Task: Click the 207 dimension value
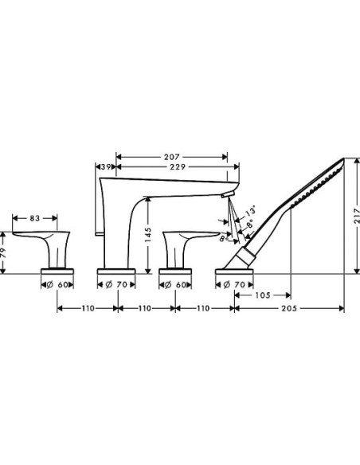[x=176, y=156]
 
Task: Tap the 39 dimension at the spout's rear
[x=105, y=166]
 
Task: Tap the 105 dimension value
[x=263, y=295]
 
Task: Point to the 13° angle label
[x=252, y=213]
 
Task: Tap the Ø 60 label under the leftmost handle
[x=58, y=283]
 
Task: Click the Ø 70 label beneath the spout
[x=117, y=283]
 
